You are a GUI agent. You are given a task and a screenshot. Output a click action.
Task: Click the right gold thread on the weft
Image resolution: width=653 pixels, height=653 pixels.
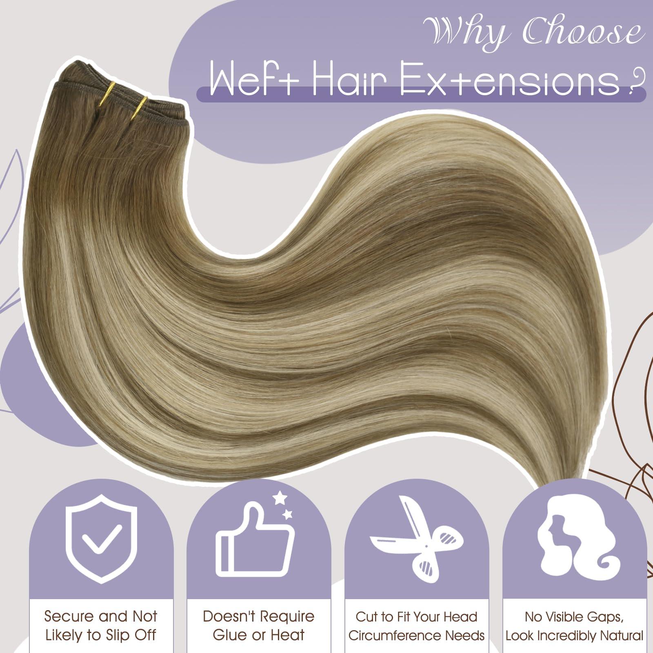141,109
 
